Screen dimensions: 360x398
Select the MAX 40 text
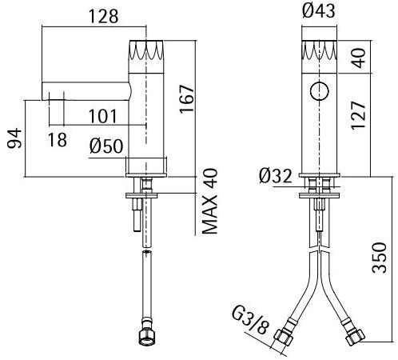pos(210,201)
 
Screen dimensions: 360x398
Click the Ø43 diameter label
pos(318,11)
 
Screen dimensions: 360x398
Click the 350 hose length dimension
pos(382,258)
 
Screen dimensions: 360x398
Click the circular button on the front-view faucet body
pos(319,91)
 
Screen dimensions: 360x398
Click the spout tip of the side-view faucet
pos(46,90)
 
